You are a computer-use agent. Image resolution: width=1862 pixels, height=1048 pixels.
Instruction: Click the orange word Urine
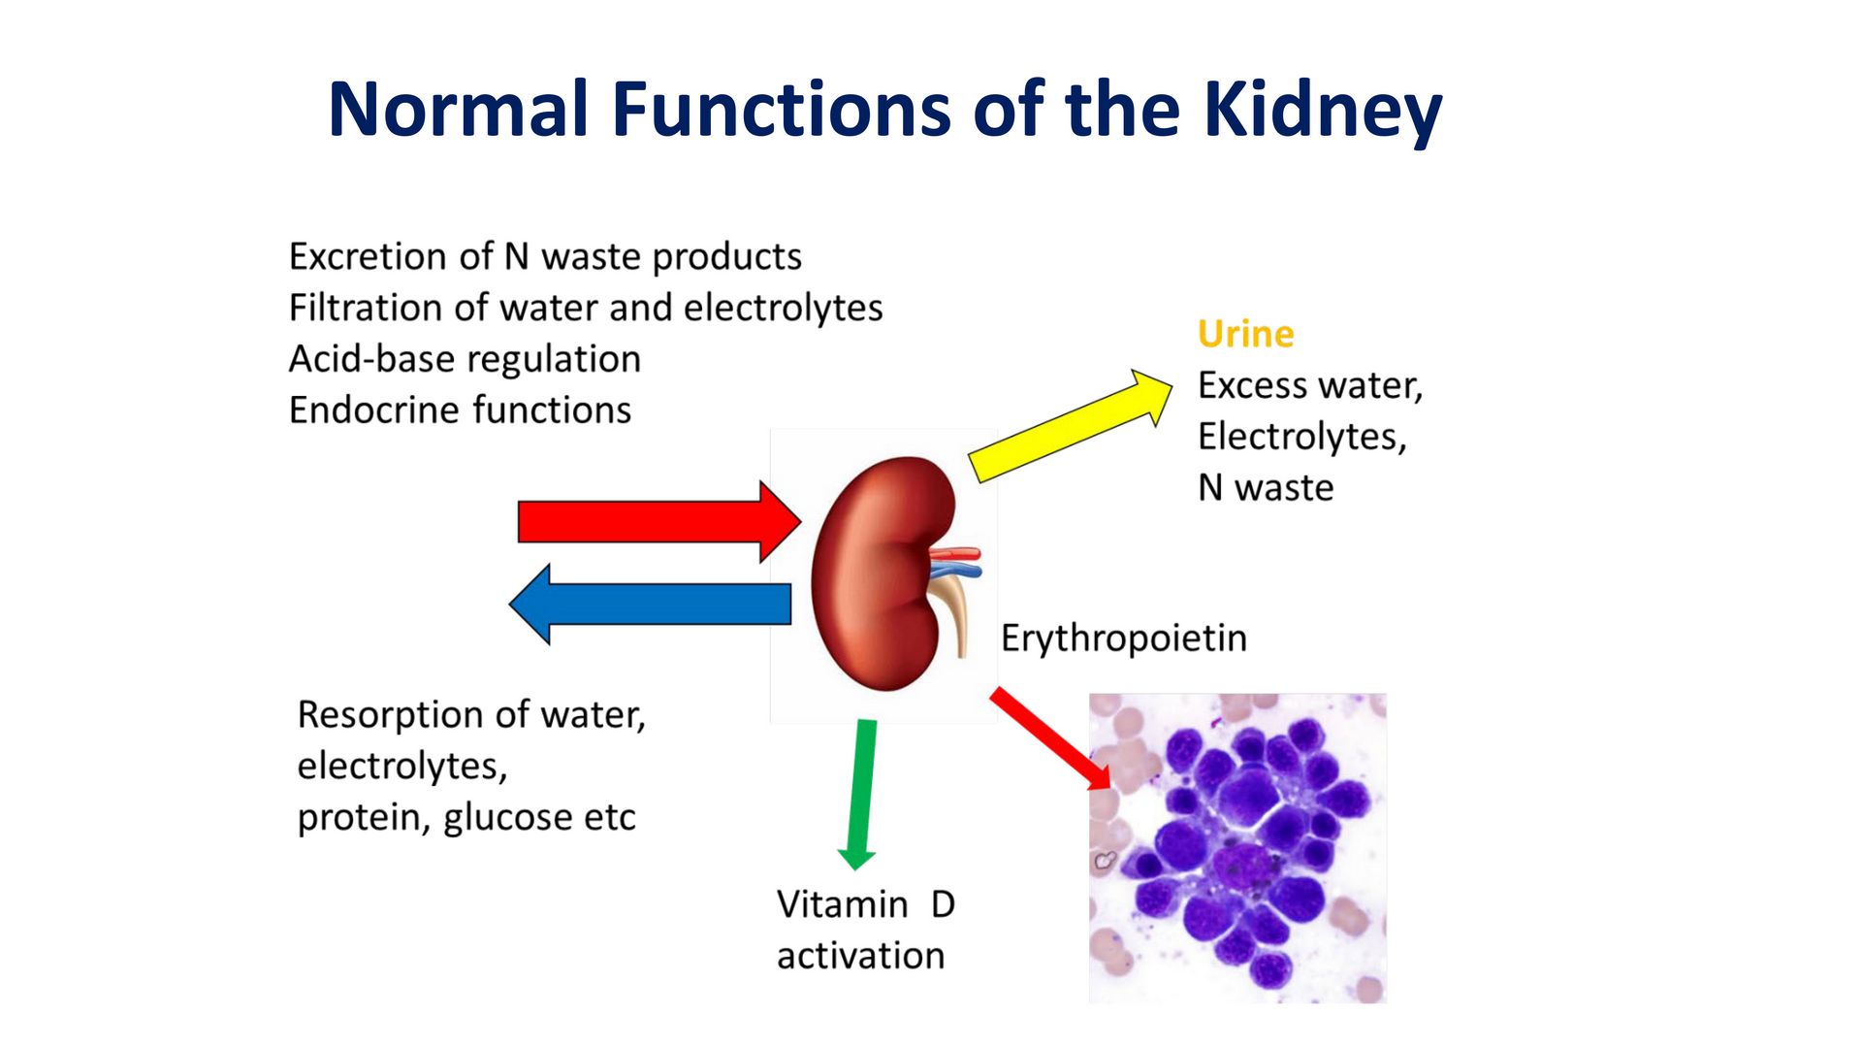coord(1245,334)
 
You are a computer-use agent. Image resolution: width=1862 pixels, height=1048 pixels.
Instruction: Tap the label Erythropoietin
coord(1123,639)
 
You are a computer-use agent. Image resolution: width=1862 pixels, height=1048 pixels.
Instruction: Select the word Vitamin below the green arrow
coord(842,904)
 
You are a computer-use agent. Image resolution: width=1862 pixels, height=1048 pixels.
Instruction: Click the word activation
coord(860,956)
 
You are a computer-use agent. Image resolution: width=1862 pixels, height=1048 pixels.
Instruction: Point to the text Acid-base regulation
coord(465,359)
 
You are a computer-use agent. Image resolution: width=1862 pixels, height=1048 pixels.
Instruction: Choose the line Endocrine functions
coord(460,410)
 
